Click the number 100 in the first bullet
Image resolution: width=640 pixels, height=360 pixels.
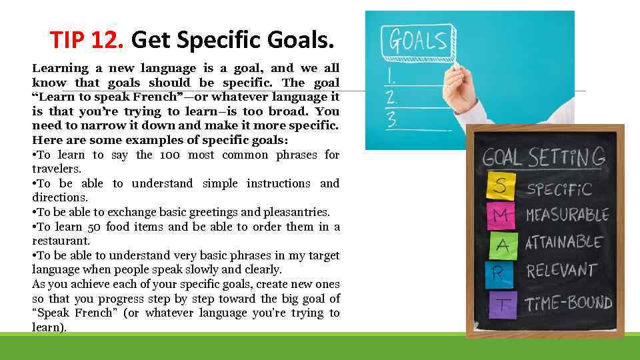(x=170, y=155)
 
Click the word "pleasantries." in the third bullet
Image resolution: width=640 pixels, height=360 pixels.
(x=297, y=212)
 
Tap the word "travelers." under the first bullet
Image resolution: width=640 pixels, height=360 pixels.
(x=58, y=169)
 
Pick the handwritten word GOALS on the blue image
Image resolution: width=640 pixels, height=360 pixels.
(x=418, y=41)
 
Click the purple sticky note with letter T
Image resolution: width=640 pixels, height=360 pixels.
(x=503, y=303)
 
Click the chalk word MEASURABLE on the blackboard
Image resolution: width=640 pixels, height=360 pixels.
(x=567, y=215)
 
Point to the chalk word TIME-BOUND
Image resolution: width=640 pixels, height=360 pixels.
(x=569, y=302)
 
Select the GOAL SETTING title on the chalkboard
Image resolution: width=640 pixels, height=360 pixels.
(x=543, y=158)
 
